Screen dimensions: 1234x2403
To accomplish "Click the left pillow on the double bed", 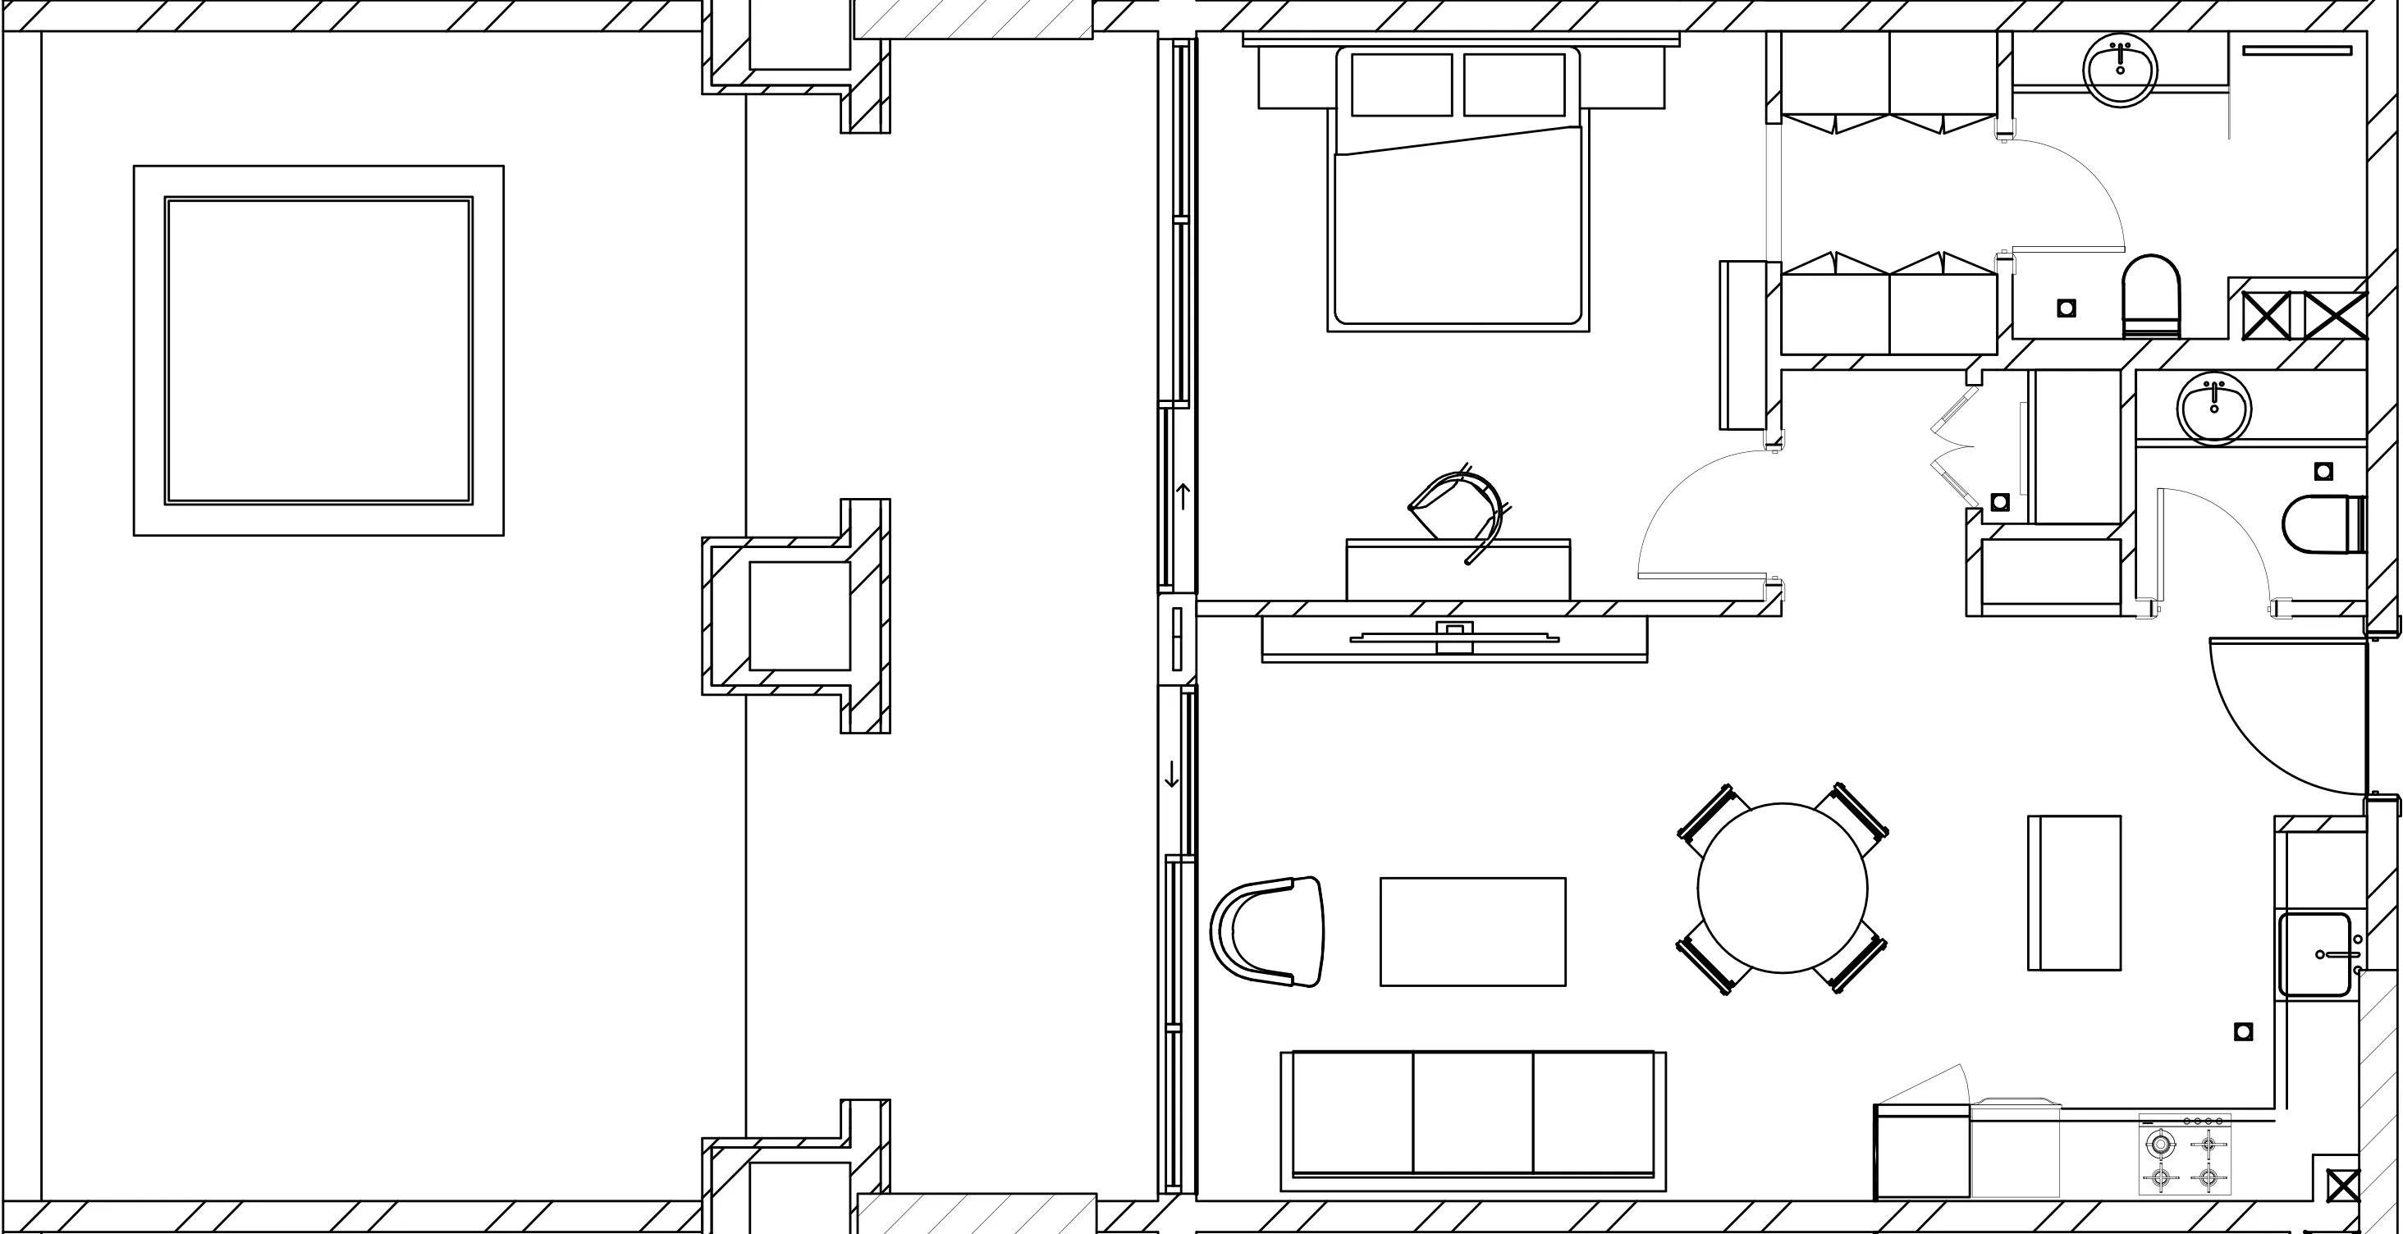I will click(x=1401, y=85).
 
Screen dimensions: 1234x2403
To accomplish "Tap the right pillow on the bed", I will click(x=1514, y=85).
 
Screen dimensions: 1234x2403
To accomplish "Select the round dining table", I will click(x=1782, y=888).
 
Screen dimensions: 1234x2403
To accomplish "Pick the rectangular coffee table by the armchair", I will click(x=1473, y=931).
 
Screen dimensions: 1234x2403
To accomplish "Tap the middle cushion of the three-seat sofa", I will click(x=1473, y=1113).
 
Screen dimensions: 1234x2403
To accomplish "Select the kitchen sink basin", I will click(x=2314, y=954).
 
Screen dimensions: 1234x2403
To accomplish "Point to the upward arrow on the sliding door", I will click(x=1183, y=496).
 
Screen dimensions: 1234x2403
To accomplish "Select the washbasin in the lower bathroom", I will click(x=2214, y=408).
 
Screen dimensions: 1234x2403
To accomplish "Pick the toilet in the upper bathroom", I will click(x=2151, y=295).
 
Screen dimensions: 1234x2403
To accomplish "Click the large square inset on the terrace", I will click(x=319, y=350).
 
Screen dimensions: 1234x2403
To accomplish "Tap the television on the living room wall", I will click(x=1454, y=638).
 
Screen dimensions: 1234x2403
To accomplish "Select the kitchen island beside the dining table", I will click(x=2075, y=893).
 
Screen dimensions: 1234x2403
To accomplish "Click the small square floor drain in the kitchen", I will click(x=2244, y=1031).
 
